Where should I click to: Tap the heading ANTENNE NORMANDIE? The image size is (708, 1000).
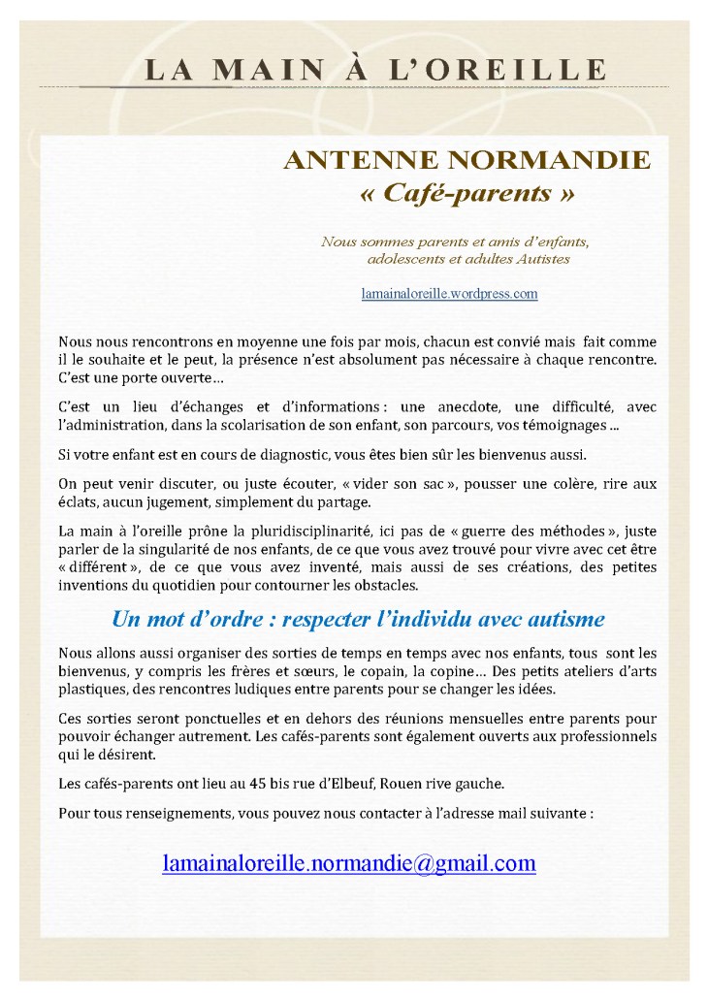click(x=467, y=160)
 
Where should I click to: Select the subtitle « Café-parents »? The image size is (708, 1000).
click(x=467, y=192)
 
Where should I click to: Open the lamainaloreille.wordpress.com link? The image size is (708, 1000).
click(x=449, y=293)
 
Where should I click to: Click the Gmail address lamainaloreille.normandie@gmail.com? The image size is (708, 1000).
click(x=348, y=863)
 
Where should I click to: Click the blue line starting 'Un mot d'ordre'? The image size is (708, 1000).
click(x=359, y=618)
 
